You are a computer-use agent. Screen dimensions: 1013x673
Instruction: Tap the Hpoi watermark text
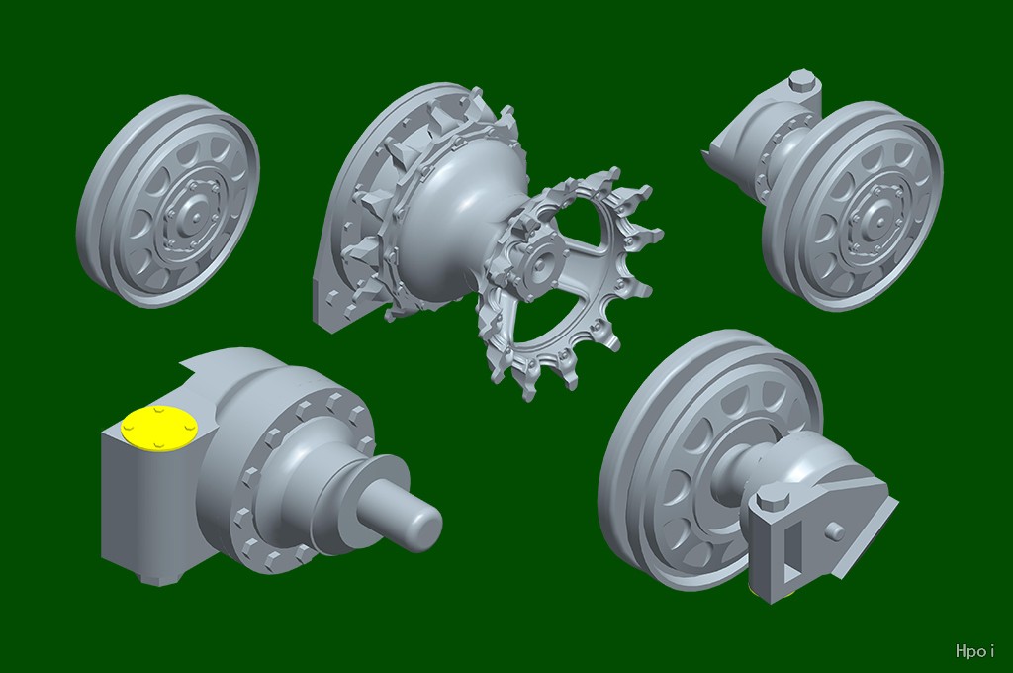(x=974, y=651)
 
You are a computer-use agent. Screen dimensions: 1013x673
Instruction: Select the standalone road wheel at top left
(x=168, y=201)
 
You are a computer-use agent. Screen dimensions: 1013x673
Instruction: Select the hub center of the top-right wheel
(x=878, y=220)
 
